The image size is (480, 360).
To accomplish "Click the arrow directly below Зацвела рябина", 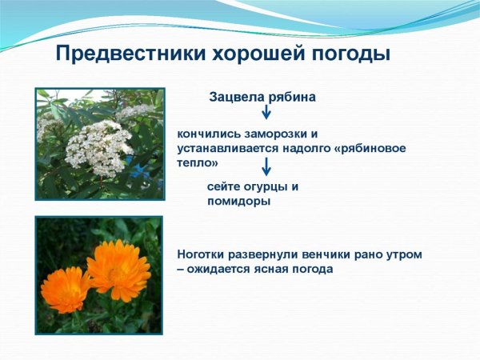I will pos(266,112).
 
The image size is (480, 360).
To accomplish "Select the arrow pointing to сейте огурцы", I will pos(266,166).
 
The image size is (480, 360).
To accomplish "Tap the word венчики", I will pos(328,254).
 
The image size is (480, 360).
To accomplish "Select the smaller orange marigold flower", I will pos(66,288).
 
